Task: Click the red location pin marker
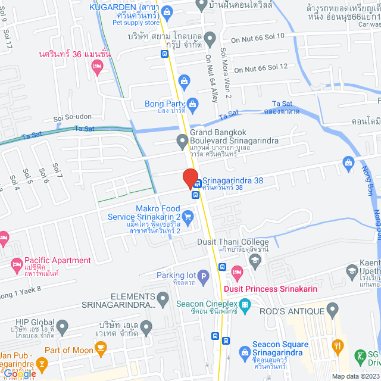coord(190,177)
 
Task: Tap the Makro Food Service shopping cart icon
coord(188,217)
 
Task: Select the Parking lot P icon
coord(203,276)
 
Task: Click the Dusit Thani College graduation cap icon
coord(255,260)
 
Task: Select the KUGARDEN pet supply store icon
coord(167,11)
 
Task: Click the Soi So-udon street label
coord(73,117)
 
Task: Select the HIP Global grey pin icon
coord(62,326)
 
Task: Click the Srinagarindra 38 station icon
coord(197,183)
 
